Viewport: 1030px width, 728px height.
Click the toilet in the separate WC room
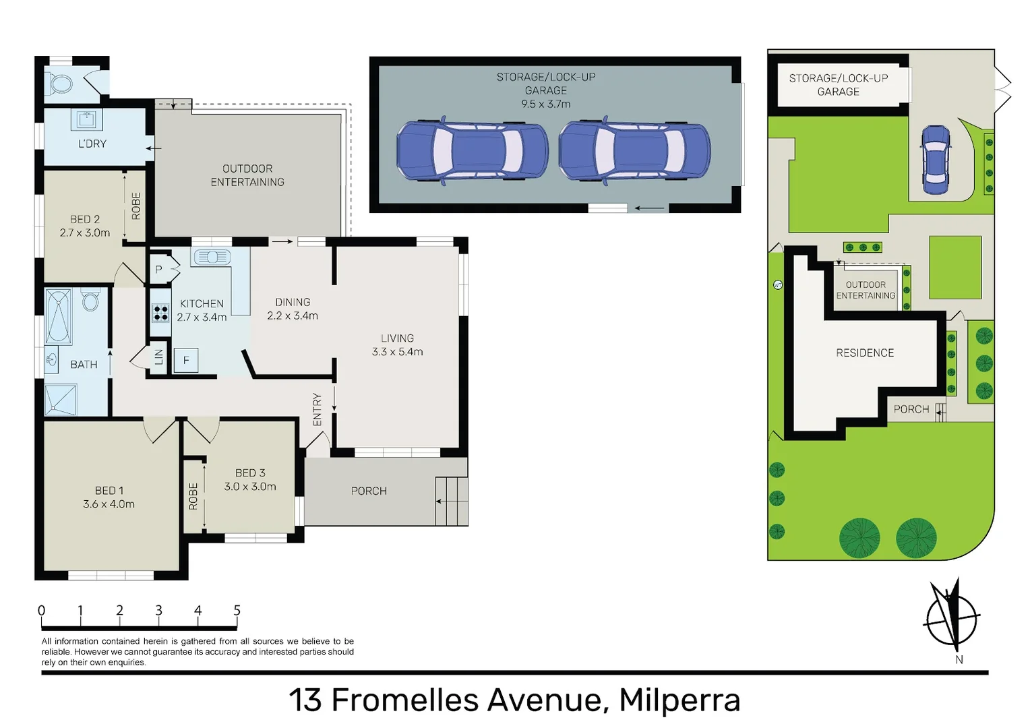61,84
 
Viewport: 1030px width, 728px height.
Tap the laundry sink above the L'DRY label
86,120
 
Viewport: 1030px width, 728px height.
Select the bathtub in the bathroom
59,317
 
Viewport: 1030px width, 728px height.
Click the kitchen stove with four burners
160,313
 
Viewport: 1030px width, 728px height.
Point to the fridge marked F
186,361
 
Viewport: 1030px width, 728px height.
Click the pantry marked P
159,270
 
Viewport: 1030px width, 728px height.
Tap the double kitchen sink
212,257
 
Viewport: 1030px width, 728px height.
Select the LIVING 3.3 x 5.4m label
397,344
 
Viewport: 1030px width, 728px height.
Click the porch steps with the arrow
452,501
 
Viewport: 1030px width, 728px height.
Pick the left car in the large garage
471,150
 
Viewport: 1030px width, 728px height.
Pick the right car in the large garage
634,150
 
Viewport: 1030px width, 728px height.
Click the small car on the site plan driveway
936,160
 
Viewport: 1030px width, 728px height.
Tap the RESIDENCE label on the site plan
865,353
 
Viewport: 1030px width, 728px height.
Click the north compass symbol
951,615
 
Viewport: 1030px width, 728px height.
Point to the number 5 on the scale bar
237,610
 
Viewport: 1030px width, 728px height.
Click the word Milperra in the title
679,700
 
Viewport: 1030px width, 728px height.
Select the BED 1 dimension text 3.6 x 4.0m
109,504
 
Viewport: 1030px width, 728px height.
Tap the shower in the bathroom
61,399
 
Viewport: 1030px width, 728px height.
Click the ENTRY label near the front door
317,409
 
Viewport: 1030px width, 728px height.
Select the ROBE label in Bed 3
193,495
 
